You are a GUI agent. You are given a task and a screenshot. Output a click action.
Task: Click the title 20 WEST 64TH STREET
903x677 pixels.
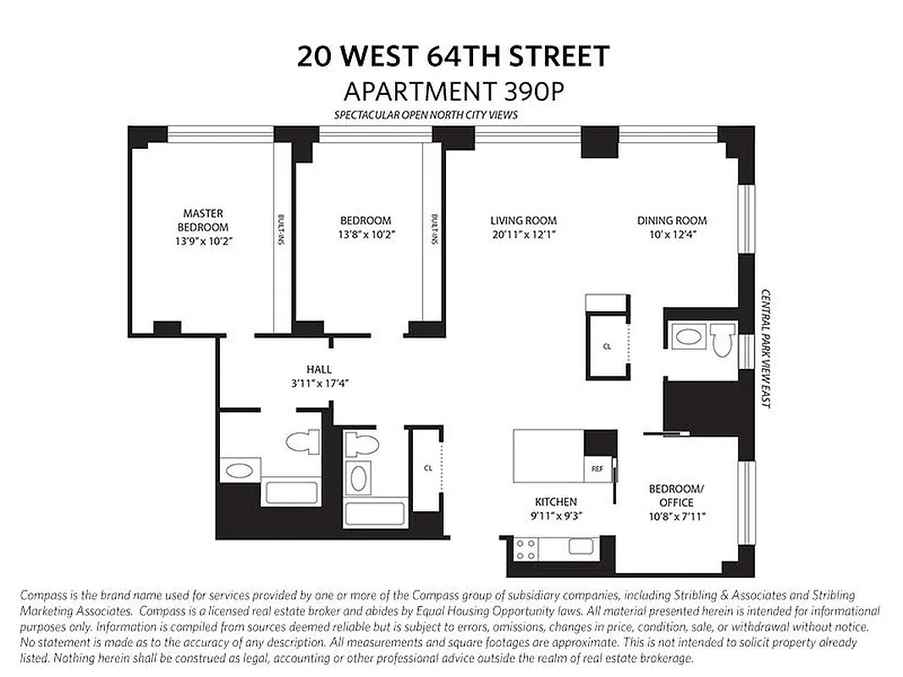click(453, 57)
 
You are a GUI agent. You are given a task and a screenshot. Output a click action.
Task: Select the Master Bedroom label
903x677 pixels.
click(203, 221)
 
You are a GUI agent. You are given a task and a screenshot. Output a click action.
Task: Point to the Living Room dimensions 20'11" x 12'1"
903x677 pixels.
click(523, 234)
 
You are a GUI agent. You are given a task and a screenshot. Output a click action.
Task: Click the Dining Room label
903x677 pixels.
click(672, 221)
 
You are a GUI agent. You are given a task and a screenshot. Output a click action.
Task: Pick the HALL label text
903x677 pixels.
click(319, 369)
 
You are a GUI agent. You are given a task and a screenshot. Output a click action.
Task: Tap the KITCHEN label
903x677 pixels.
click(555, 502)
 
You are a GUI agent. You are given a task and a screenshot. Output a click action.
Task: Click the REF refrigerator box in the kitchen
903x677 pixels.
click(596, 468)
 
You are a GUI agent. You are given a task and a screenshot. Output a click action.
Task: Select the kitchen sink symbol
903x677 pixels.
click(581, 547)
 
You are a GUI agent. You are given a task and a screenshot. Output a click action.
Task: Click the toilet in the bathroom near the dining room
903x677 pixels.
click(721, 340)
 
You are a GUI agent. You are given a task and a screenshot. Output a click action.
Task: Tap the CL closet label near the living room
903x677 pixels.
click(608, 346)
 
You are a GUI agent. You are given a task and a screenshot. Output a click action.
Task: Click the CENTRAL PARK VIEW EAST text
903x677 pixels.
click(765, 349)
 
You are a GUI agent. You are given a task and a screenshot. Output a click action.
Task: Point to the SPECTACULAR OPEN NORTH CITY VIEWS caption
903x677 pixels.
click(425, 115)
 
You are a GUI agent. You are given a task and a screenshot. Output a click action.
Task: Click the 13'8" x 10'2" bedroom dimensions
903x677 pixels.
click(366, 234)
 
